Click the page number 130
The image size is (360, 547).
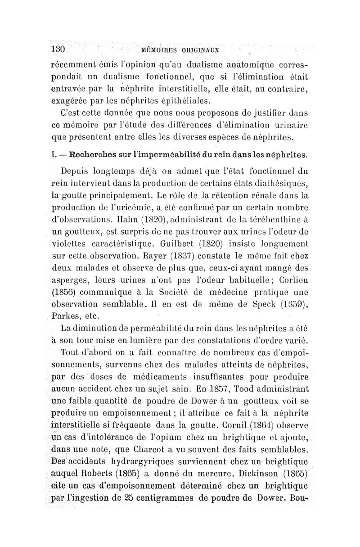[58, 48]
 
